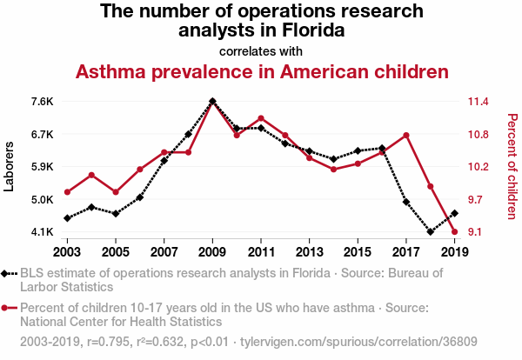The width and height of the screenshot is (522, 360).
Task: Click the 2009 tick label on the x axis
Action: coord(212,252)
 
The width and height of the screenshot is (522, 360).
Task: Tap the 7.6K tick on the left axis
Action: coord(42,102)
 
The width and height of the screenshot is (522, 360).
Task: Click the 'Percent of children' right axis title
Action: coord(512,166)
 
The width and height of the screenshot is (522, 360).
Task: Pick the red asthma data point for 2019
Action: coord(454,231)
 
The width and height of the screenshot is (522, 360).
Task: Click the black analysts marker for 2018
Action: coord(431,232)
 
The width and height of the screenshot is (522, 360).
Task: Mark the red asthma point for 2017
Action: coord(406,135)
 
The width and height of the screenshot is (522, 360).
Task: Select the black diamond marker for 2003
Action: coord(68,218)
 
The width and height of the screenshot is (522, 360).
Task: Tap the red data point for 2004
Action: coord(91,175)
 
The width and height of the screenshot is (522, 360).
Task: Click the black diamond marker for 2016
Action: coord(382,149)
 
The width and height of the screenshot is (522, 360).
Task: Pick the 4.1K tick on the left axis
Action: coord(42,232)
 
